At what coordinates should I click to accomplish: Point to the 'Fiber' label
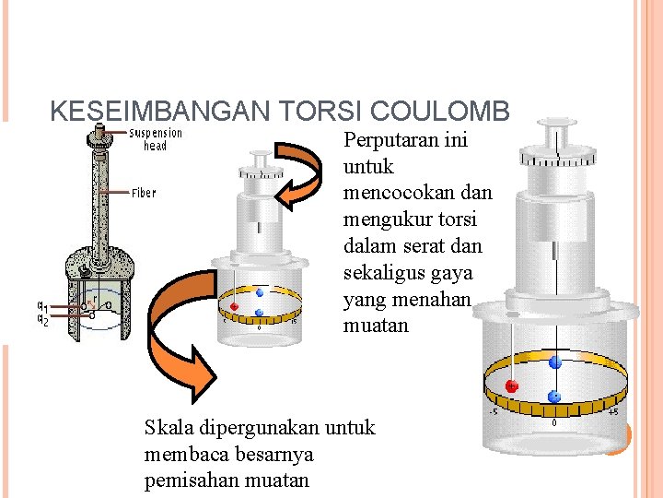(x=144, y=193)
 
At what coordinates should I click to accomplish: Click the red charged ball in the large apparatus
(x=512, y=385)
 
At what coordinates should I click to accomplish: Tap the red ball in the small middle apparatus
(x=235, y=306)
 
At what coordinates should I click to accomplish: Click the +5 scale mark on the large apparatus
(x=613, y=412)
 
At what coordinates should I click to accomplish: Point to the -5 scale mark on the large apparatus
(x=494, y=412)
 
